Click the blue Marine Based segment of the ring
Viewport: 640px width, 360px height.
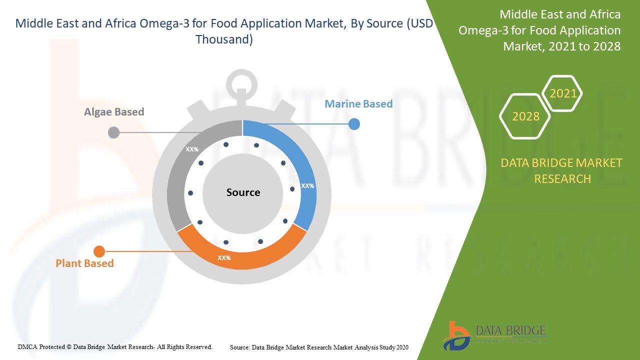[x=303, y=165]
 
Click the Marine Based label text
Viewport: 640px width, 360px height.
[x=358, y=103]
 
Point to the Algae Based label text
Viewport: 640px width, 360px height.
[x=114, y=111]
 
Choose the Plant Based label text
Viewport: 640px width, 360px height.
[x=84, y=263]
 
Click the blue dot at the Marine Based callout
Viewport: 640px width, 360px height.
[x=354, y=124]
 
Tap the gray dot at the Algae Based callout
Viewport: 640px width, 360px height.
[x=113, y=132]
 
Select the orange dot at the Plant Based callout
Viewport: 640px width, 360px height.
[x=99, y=251]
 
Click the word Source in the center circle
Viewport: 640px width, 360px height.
[x=243, y=192]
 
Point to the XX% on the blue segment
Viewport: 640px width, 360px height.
[x=307, y=185]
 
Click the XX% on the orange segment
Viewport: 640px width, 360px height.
[x=224, y=257]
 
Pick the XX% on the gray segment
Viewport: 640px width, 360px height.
[x=192, y=149]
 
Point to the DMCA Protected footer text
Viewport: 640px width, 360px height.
[x=115, y=347]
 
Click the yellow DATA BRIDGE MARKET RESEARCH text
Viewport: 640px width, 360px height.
[x=561, y=171]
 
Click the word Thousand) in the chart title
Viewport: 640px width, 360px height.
[x=224, y=39]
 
